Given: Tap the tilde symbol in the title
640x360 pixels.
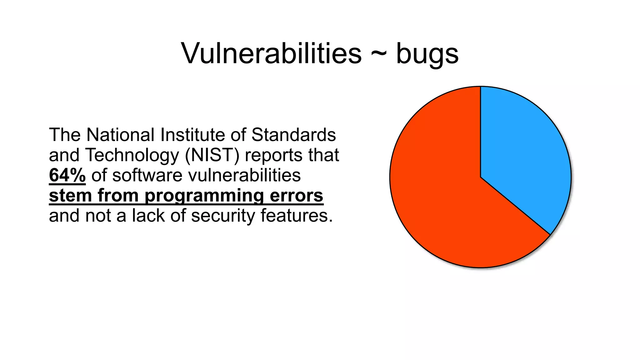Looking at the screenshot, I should click(x=379, y=54).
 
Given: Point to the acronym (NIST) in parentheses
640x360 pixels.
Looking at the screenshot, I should click(x=212, y=155).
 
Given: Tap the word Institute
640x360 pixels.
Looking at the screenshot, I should click(x=193, y=135).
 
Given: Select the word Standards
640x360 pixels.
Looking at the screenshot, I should click(x=293, y=135).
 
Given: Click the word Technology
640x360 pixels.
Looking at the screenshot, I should click(x=132, y=155).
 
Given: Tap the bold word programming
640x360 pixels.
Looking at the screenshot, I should click(x=204, y=196).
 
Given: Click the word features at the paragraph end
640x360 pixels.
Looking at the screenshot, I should click(x=297, y=216).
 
